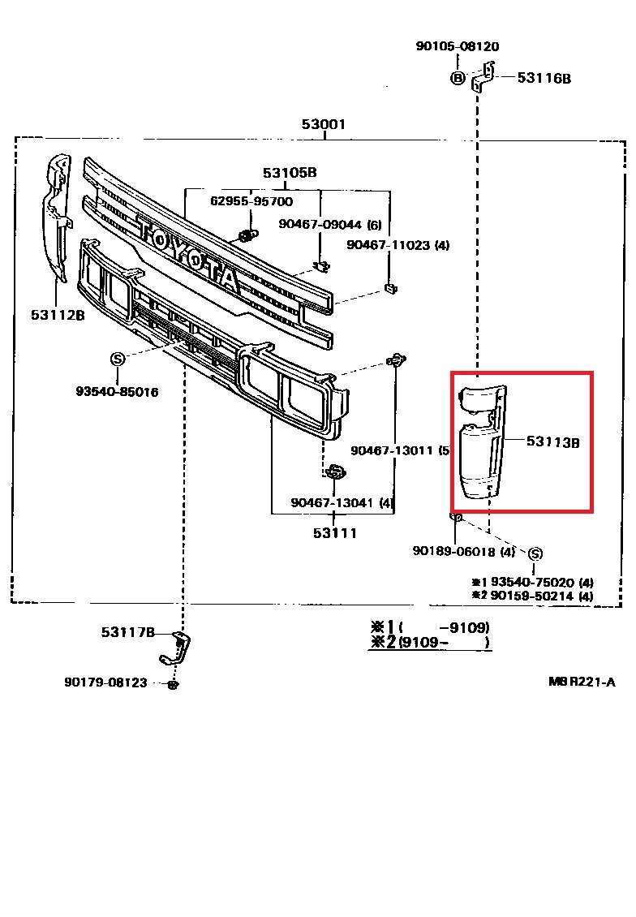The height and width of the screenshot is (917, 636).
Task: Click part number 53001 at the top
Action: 324,124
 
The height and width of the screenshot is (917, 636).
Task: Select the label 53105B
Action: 289,173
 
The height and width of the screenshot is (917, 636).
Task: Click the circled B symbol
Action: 458,78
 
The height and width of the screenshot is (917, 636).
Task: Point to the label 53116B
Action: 544,78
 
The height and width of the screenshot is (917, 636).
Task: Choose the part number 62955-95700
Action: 251,201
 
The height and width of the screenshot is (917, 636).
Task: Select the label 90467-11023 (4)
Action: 397,244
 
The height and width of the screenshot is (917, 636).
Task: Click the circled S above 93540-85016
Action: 117,359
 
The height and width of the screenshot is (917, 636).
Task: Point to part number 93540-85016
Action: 117,392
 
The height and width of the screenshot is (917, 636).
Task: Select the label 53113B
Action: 552,441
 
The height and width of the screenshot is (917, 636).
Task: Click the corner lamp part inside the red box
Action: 481,442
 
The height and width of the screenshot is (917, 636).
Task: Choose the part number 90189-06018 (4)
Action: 463,551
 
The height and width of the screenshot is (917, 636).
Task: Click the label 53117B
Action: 128,631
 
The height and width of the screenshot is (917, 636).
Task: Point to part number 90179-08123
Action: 106,682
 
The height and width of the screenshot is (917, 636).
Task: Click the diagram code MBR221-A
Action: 582,682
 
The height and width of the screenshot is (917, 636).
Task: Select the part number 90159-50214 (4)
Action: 539,596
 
